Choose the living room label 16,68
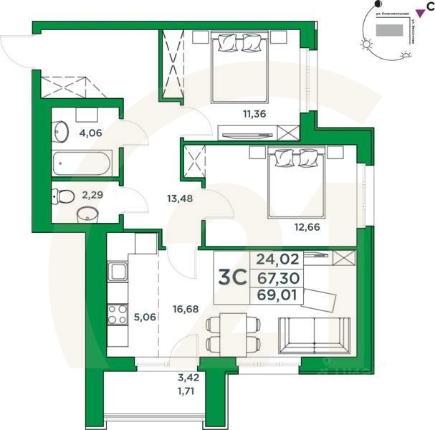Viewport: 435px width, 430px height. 186,310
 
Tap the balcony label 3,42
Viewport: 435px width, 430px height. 188,376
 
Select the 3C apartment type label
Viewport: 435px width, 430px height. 229,277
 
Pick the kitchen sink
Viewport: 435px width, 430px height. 118,272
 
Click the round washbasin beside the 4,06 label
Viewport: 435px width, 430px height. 61,132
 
